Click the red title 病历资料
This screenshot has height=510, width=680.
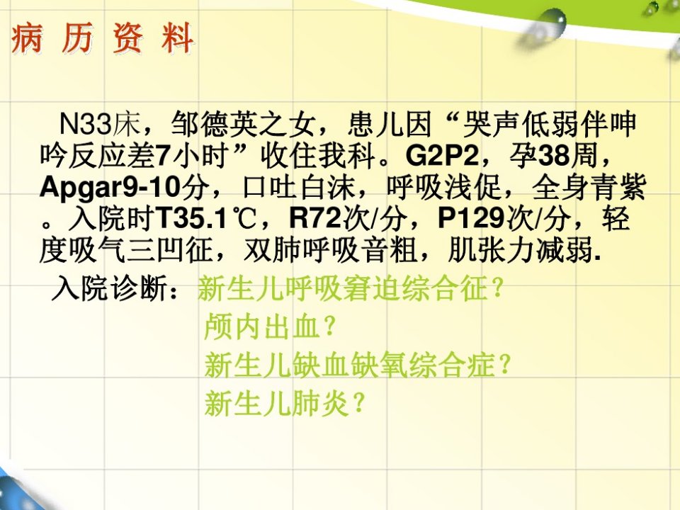103,38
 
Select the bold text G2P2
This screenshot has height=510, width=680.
441,156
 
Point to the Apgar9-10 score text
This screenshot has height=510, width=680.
110,188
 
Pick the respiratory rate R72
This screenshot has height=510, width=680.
315,219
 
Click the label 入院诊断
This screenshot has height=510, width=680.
110,288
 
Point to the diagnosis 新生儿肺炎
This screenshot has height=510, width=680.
277,403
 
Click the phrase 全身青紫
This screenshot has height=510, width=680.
589,188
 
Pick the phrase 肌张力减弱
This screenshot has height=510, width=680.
520,251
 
